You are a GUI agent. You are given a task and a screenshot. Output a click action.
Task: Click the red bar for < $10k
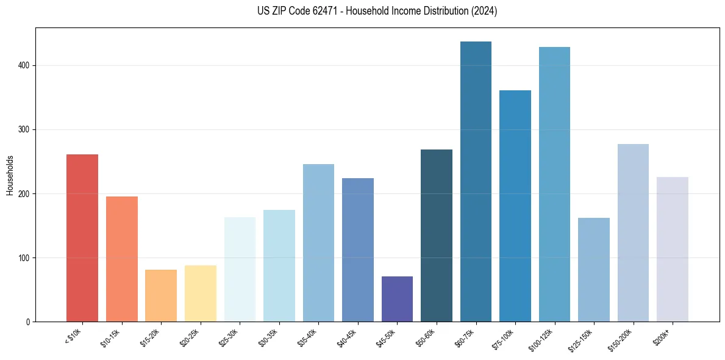pyautogui.click(x=82, y=238)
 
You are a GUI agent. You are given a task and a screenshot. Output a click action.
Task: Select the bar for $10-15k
pyautogui.click(x=121, y=259)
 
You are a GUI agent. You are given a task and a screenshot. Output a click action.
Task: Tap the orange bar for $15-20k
pyautogui.click(x=161, y=295)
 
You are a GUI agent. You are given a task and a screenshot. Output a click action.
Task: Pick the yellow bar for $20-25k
pyautogui.click(x=200, y=293)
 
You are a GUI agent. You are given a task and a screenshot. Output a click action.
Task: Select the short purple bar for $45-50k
pyautogui.click(x=397, y=299)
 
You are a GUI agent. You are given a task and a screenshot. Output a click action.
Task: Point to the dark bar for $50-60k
pyautogui.click(x=436, y=236)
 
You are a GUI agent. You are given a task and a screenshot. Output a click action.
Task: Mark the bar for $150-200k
pyautogui.click(x=633, y=232)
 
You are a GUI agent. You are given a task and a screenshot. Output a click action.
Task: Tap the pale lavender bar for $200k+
pyautogui.click(x=672, y=249)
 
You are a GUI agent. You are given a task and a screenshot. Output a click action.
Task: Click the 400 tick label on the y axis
pyautogui.click(x=23, y=66)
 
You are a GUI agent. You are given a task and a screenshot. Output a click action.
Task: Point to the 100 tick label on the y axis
pyautogui.click(x=23, y=258)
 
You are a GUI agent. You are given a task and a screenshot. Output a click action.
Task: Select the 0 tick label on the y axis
pyautogui.click(x=27, y=322)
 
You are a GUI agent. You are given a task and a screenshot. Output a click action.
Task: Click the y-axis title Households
pyautogui.click(x=10, y=175)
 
